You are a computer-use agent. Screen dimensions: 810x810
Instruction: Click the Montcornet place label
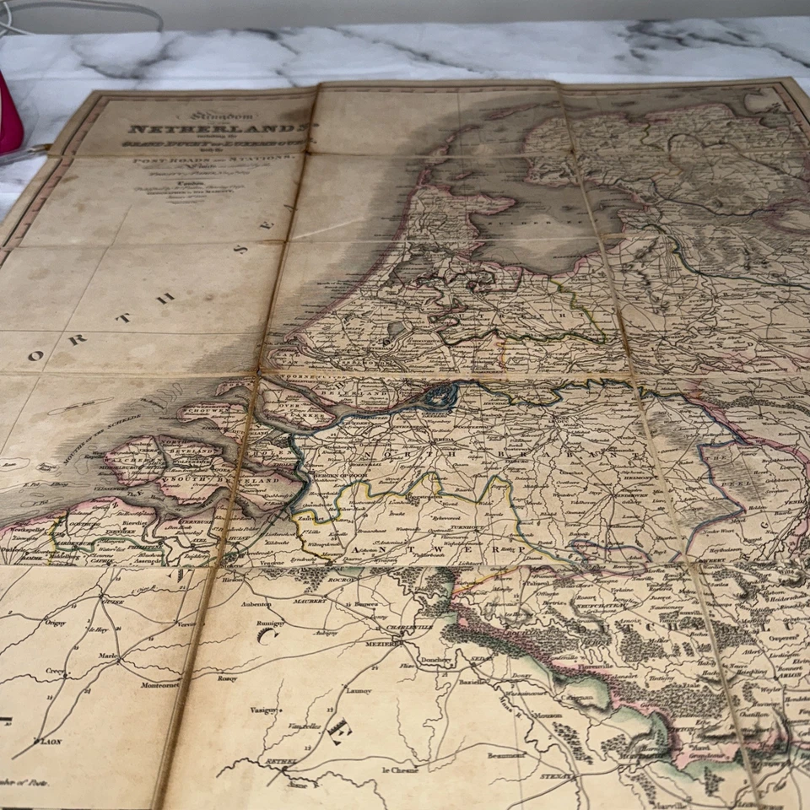click(x=159, y=684)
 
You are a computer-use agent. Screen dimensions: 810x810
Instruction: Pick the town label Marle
click(x=107, y=654)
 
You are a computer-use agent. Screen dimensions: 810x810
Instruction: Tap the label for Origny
click(x=56, y=623)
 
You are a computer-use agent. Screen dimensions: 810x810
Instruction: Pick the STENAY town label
click(x=558, y=775)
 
